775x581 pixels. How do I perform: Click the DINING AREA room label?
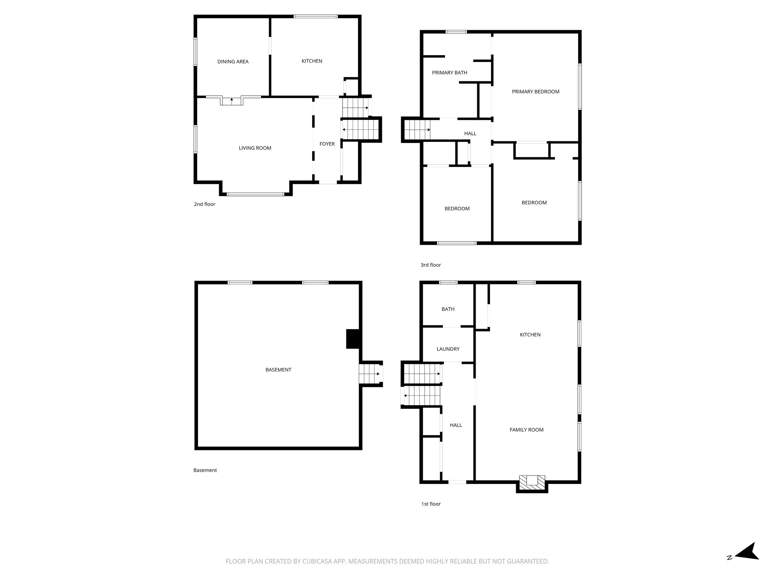(x=233, y=62)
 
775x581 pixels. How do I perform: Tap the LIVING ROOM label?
(x=255, y=148)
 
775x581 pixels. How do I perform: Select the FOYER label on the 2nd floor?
(x=327, y=144)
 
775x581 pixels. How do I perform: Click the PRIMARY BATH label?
(x=450, y=73)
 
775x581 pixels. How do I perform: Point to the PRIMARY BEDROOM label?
(x=535, y=92)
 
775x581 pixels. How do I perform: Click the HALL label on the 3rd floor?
(x=470, y=134)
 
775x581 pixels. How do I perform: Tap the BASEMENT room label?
(x=278, y=370)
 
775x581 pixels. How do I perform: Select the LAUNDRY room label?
(x=448, y=349)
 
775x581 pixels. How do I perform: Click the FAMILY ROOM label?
(x=526, y=430)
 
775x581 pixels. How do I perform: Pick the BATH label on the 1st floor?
(x=448, y=309)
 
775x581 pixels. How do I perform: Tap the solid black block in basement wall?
(x=353, y=339)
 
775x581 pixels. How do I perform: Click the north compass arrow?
(x=746, y=562)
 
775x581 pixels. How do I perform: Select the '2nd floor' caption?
(x=204, y=204)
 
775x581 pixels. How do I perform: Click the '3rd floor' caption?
(x=431, y=265)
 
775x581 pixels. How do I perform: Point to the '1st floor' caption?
(x=431, y=504)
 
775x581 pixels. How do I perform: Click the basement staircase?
(x=370, y=374)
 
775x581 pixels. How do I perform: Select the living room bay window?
(x=256, y=194)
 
